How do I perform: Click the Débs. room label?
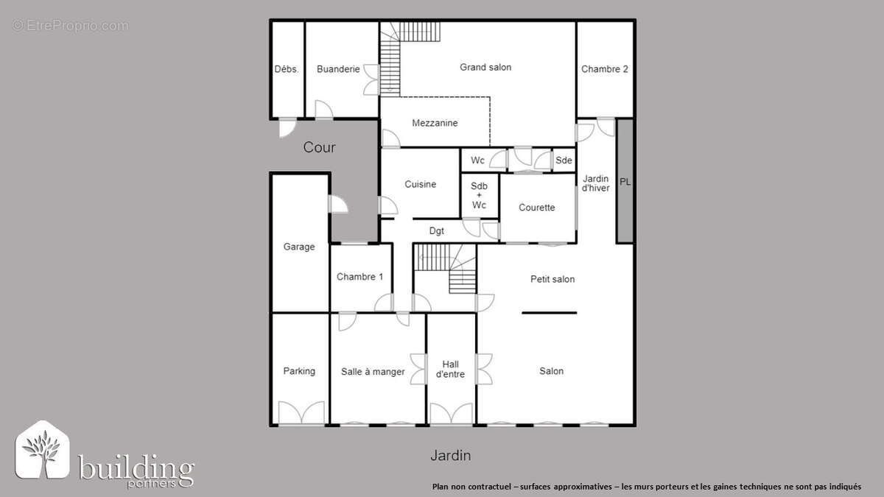click(x=286, y=69)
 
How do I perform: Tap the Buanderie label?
click(x=338, y=69)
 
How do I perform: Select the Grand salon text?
click(x=485, y=67)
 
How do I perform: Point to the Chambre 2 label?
click(x=604, y=69)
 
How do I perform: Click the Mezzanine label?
click(x=435, y=123)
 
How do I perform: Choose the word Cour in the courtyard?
click(x=320, y=147)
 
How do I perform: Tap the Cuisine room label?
click(x=420, y=184)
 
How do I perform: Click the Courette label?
click(x=536, y=208)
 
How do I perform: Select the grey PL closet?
click(x=625, y=181)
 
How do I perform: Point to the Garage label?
click(x=299, y=247)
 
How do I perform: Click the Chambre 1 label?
click(x=359, y=277)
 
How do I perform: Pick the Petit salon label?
click(x=552, y=279)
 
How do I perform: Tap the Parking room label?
click(x=299, y=371)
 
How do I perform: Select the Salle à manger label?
click(x=373, y=372)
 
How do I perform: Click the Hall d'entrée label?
click(x=450, y=369)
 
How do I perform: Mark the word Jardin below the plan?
click(x=450, y=456)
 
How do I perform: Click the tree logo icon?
click(x=43, y=449)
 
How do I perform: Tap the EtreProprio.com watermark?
click(x=70, y=26)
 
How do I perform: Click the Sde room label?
click(x=564, y=161)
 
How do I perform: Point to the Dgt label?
click(x=437, y=230)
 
